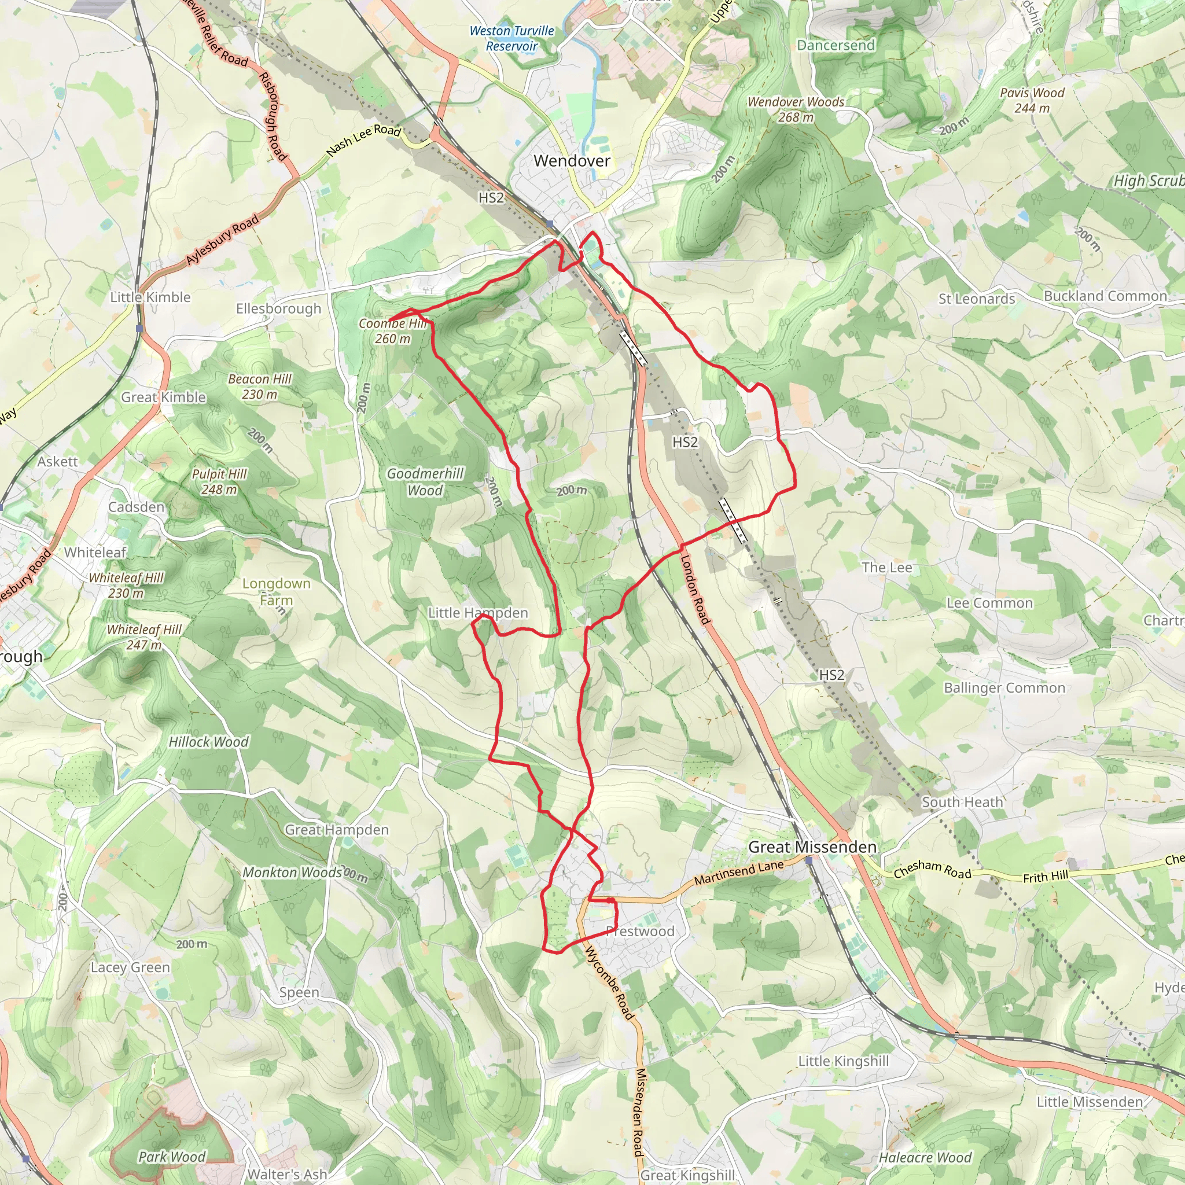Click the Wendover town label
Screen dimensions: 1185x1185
point(572,161)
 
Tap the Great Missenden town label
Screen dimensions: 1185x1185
point(812,847)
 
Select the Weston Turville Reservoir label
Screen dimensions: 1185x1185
point(511,38)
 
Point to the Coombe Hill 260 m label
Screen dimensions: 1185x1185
point(392,330)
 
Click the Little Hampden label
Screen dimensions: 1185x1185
point(478,613)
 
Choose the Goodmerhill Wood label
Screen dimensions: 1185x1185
point(425,481)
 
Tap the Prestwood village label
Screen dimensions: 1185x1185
point(640,931)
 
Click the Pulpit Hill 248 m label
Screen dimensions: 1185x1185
point(219,481)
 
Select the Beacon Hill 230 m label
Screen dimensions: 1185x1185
point(259,387)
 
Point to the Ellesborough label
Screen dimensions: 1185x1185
point(278,308)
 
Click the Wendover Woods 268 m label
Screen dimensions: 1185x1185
point(796,109)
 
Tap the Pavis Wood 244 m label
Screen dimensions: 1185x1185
point(1032,100)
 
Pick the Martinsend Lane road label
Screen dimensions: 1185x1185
point(739,872)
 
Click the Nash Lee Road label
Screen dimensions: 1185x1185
point(364,139)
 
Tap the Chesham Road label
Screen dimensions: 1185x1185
point(932,869)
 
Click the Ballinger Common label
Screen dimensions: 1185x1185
point(1004,687)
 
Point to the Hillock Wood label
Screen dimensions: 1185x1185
point(208,742)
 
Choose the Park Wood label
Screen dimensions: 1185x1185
point(172,1157)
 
